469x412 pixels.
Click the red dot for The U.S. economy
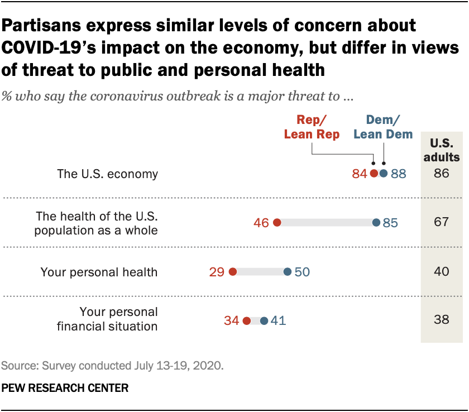(x=374, y=174)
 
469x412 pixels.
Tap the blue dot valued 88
(x=383, y=174)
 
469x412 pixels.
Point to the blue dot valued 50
(x=287, y=272)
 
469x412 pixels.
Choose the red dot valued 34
(x=247, y=320)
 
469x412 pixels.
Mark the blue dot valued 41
(x=264, y=320)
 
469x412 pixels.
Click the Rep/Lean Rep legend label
(x=312, y=127)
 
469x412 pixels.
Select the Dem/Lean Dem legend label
(x=382, y=127)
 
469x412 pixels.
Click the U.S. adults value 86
(x=442, y=174)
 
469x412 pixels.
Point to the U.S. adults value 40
(x=442, y=272)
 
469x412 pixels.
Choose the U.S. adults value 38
(x=442, y=320)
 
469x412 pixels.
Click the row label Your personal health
(x=99, y=272)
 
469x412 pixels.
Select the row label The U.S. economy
(x=108, y=174)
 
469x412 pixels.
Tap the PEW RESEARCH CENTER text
(x=65, y=387)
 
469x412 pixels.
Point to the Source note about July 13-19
(x=112, y=366)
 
